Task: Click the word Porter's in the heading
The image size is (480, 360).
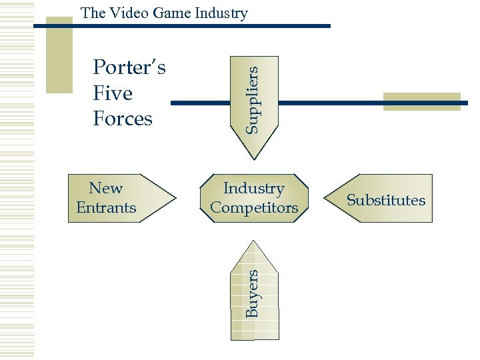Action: pyautogui.click(x=130, y=67)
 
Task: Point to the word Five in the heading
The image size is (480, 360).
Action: pyautogui.click(x=113, y=93)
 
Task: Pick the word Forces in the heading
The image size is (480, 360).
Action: pyautogui.click(x=123, y=119)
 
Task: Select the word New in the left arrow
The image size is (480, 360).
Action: pyautogui.click(x=106, y=189)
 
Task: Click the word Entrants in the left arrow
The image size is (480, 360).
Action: pyautogui.click(x=106, y=207)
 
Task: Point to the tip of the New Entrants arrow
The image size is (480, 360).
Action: pyautogui.click(x=175, y=198)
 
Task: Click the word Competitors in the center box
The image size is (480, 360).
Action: pyautogui.click(x=254, y=207)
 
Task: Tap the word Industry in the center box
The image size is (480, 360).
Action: pyautogui.click(x=254, y=189)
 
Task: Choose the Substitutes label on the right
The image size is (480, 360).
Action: pyautogui.click(x=386, y=200)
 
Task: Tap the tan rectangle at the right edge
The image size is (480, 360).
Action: pyautogui.click(x=423, y=101)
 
